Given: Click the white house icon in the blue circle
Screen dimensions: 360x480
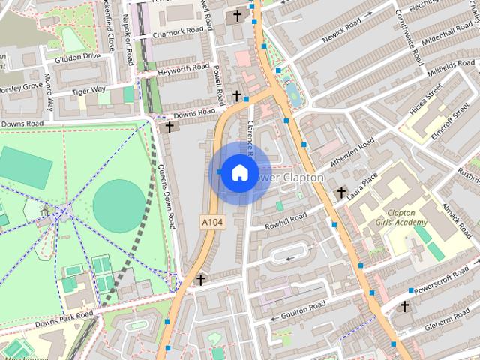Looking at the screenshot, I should point(239,172).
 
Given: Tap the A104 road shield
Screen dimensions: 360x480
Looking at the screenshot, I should point(212,222).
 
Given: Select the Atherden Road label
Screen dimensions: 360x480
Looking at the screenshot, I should point(353,153).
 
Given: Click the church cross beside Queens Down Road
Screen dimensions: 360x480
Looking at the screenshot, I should point(169,127).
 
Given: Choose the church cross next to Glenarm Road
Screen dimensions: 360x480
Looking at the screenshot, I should point(405,306).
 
